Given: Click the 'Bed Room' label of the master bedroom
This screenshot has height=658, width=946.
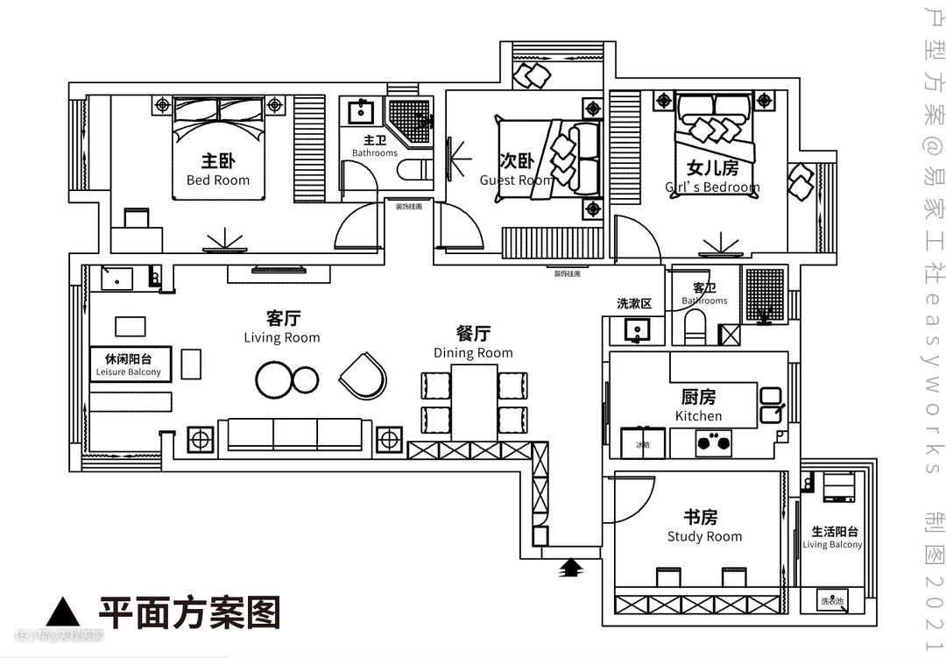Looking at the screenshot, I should (x=218, y=180).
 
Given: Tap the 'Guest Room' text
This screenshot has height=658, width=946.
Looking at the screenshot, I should (x=516, y=180).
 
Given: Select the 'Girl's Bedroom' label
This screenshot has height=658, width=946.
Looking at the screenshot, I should (x=712, y=187).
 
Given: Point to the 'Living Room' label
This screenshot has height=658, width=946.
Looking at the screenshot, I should (x=281, y=337).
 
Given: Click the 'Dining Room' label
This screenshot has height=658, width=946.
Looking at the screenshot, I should (x=473, y=353).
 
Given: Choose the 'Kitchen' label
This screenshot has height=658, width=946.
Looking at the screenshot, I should (x=698, y=415).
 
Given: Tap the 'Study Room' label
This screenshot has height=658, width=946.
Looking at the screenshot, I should (x=704, y=536).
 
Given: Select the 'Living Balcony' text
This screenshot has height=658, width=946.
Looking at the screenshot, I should (x=832, y=544).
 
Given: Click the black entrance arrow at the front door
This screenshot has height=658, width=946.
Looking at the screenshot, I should (x=571, y=569).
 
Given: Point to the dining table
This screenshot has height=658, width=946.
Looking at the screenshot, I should (x=474, y=402).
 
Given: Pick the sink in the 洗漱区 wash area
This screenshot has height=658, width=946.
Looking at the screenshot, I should (x=637, y=330).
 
